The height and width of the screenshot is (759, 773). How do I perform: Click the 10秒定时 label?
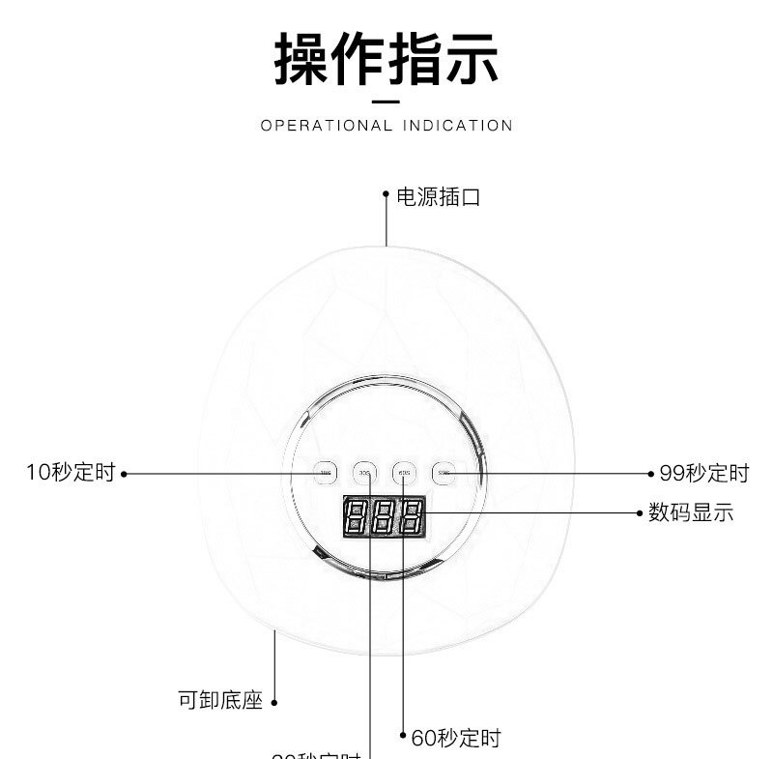[x=71, y=473]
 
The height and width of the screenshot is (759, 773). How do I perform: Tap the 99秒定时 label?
[x=704, y=473]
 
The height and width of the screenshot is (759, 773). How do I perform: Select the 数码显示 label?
[x=691, y=512]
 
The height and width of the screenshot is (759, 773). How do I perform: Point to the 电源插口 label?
[x=439, y=197]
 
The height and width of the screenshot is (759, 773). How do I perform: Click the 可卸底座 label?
[x=220, y=700]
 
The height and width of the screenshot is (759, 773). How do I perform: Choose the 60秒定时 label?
[x=456, y=739]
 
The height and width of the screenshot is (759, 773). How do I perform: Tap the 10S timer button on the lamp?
[x=326, y=473]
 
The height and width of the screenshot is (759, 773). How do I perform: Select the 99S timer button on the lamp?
[x=443, y=473]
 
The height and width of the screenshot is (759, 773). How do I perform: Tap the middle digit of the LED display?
[x=384, y=518]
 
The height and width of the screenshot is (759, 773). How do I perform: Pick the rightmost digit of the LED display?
[x=412, y=518]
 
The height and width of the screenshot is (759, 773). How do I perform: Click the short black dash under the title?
[x=386, y=101]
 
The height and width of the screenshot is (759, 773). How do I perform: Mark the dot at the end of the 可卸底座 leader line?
[x=274, y=703]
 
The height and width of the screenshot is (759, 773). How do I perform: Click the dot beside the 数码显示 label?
[x=639, y=512]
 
